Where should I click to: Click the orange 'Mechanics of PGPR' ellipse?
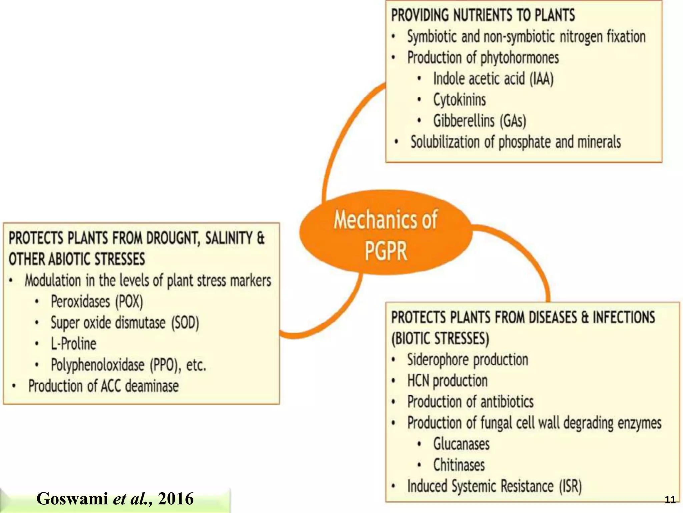point(386,234)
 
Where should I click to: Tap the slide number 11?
point(670,500)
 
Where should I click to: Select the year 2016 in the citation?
point(176,499)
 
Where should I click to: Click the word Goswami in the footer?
point(72,499)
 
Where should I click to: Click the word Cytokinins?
point(460,100)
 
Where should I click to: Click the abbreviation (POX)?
point(129,302)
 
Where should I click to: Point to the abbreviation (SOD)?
point(185,323)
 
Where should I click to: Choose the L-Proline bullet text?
point(74,344)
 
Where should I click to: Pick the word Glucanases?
point(462,444)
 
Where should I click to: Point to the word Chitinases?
point(459,465)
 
